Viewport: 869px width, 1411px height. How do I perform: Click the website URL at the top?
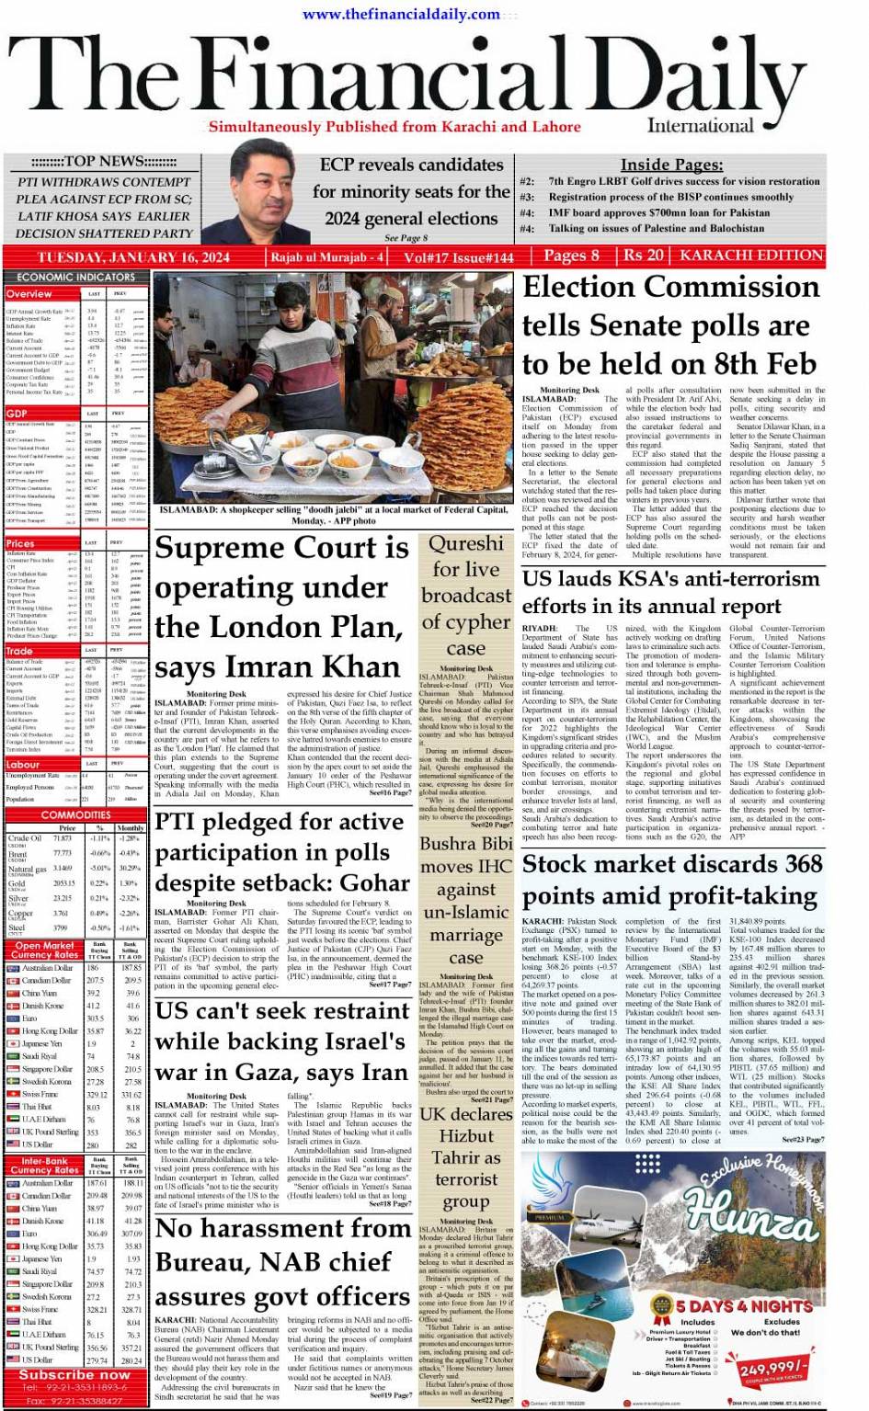click(x=401, y=14)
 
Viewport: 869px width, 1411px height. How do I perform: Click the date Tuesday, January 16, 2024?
click(x=133, y=257)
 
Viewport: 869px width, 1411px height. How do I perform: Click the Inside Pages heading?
click(x=671, y=165)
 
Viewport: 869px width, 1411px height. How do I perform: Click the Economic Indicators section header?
click(x=75, y=277)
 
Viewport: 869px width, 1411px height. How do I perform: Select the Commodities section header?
click(x=75, y=815)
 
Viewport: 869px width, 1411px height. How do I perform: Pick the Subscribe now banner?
click(x=75, y=1375)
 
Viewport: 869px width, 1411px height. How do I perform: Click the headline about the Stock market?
click(x=671, y=879)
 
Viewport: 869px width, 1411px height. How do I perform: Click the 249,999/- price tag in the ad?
click(x=773, y=1369)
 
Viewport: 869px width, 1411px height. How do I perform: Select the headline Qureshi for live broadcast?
click(x=466, y=595)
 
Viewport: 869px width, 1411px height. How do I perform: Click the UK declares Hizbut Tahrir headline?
click(x=466, y=1156)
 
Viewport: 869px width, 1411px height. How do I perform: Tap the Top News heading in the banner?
click(x=103, y=161)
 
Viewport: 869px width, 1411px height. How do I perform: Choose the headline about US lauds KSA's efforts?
click(x=671, y=592)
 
